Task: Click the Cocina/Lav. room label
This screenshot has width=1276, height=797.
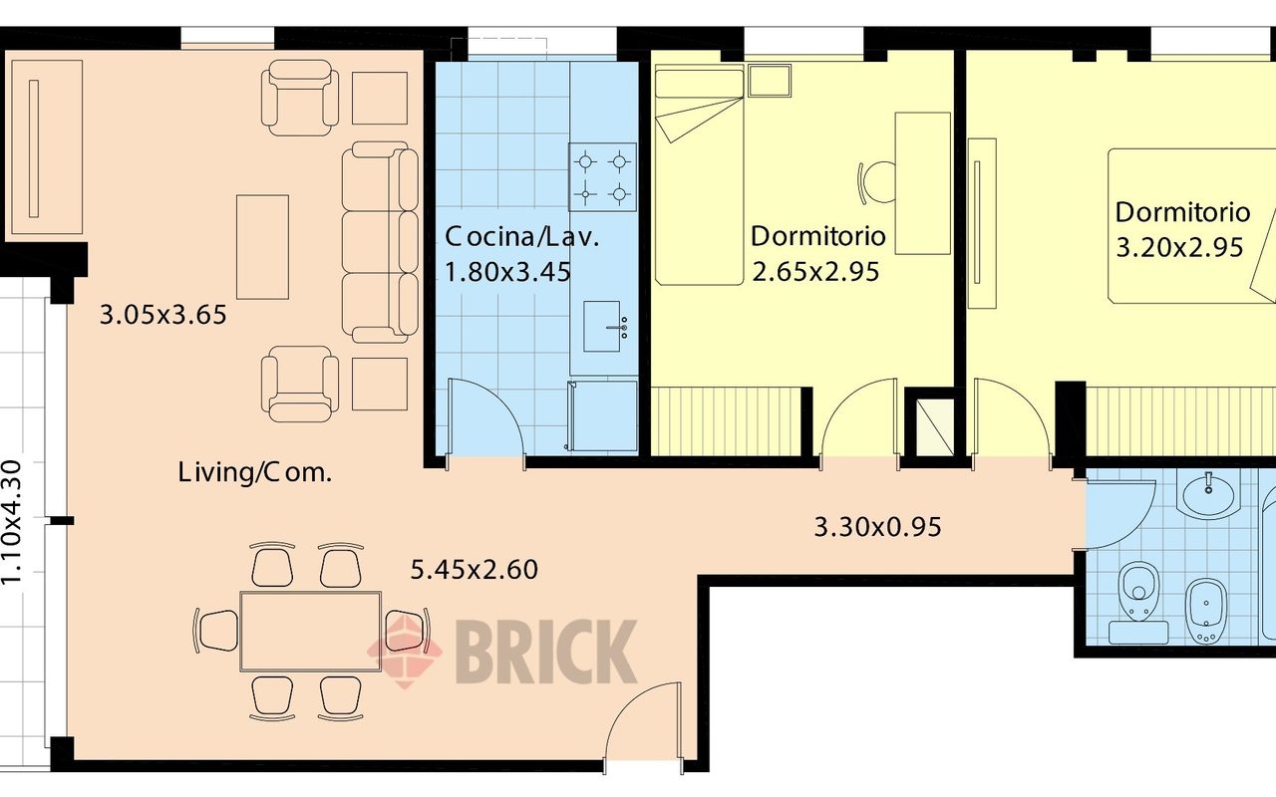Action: pos(521,237)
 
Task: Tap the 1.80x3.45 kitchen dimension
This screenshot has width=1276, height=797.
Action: pos(507,272)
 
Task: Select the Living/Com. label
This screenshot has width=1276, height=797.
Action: pos(254,473)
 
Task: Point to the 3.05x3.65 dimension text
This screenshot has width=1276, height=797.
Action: pos(162,315)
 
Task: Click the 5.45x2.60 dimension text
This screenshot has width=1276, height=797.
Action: pos(474,570)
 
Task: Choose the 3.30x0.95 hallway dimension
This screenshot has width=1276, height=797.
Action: pos(877,527)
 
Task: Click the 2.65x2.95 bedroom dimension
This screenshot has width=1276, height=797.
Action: pos(815,272)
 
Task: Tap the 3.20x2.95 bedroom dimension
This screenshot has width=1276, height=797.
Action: pos(1179,248)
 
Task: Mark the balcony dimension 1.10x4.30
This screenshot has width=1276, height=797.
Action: pos(11,522)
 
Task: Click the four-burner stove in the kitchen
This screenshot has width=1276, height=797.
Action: pos(603,177)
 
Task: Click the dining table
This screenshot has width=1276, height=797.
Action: pos(310,632)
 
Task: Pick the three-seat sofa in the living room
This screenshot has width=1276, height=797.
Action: pos(380,242)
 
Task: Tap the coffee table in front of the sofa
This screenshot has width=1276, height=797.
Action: pos(262,247)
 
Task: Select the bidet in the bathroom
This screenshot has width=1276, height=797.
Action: pos(1206,612)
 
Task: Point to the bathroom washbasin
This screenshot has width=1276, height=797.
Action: pos(1207,495)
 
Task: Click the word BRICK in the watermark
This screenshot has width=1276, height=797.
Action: pos(545,652)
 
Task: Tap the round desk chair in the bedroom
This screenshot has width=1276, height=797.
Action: pos(877,182)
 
